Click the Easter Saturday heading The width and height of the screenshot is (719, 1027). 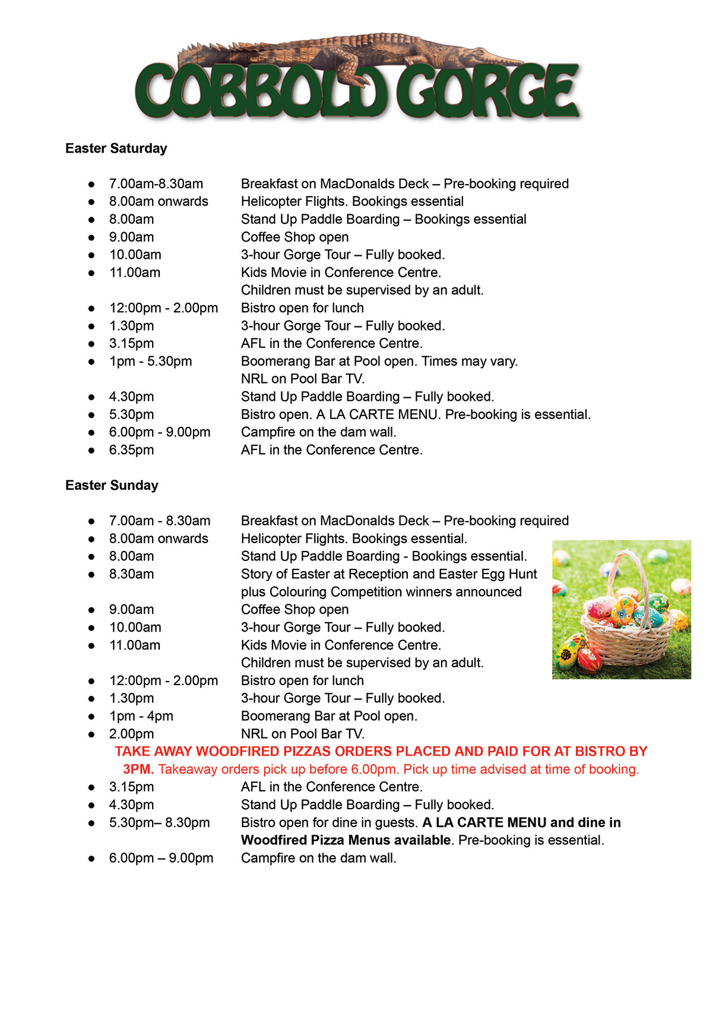click(x=116, y=148)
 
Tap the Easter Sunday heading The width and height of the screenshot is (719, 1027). click(x=112, y=486)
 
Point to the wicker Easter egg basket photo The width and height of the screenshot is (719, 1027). click(x=621, y=610)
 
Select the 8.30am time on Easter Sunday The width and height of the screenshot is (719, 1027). click(x=131, y=574)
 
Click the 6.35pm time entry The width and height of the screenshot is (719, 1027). click(x=131, y=450)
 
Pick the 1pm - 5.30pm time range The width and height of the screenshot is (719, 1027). click(x=150, y=362)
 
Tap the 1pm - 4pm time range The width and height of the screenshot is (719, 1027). click(x=141, y=716)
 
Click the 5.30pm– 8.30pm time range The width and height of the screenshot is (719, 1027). click(x=159, y=823)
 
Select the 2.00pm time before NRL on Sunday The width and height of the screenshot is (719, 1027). click(x=131, y=734)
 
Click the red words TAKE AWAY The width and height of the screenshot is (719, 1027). click(x=153, y=752)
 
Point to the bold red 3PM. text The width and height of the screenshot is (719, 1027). click(x=138, y=769)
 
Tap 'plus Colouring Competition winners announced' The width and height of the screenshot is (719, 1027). click(x=381, y=592)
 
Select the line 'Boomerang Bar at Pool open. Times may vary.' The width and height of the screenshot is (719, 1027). click(x=379, y=362)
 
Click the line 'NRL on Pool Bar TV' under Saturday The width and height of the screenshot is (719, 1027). click(x=303, y=379)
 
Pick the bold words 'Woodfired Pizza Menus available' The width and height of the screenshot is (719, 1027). click(x=346, y=841)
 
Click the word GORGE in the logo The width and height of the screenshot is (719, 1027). click(x=487, y=92)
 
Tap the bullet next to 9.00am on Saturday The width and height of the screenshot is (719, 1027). click(x=91, y=237)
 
